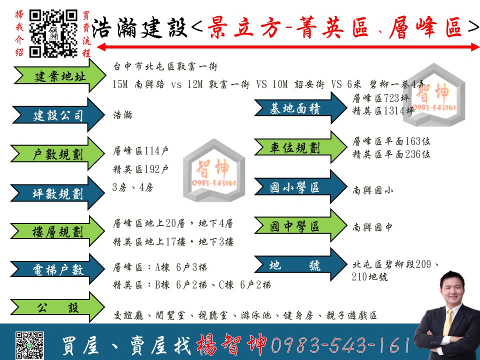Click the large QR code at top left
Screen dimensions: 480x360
point(53,33)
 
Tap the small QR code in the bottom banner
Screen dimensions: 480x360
point(29,345)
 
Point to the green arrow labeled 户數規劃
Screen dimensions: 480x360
point(57,153)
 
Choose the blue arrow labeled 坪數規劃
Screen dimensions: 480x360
point(57,193)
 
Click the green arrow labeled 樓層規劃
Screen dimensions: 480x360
point(57,231)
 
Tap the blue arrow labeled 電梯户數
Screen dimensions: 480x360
point(57,269)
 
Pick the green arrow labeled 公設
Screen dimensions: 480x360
point(57,307)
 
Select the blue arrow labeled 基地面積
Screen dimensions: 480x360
point(300,108)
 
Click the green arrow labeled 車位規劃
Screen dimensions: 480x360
point(300,147)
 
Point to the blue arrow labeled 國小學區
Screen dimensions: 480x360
point(300,186)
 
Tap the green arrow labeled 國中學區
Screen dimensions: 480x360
point(300,225)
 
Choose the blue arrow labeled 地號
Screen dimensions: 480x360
point(300,264)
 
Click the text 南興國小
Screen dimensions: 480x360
point(372,190)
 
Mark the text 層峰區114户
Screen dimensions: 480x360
point(140,151)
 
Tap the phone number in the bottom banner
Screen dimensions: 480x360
point(340,344)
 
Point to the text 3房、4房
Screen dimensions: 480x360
point(132,187)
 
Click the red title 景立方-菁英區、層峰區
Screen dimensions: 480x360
point(334,27)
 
